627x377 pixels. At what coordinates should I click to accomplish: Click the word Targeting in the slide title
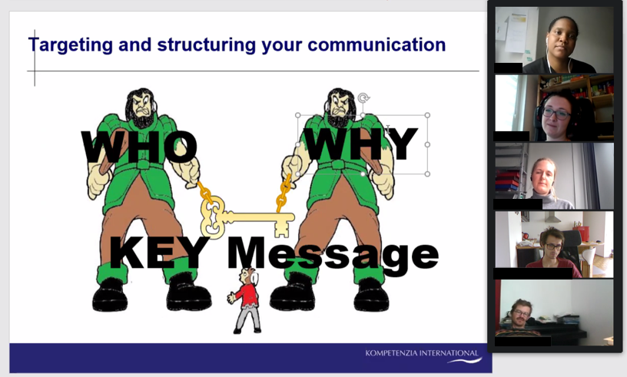[71, 45]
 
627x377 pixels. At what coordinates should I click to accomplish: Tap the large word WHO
[139, 147]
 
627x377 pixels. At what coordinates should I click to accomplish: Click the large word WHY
[362, 144]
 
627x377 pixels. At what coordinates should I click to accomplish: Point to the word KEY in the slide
[160, 253]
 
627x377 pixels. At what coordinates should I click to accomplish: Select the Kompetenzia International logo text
[422, 353]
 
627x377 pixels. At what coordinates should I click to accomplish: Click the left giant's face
[141, 104]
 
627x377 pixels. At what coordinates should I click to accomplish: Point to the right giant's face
[340, 104]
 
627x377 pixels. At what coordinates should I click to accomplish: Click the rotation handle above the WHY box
[363, 98]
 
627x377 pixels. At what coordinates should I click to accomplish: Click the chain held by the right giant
[283, 193]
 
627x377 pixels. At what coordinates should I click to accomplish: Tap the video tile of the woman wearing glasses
[554, 108]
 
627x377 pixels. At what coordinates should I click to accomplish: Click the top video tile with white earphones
[554, 40]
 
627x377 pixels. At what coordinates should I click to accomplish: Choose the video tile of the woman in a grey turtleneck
[554, 177]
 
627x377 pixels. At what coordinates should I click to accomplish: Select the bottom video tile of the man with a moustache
[554, 313]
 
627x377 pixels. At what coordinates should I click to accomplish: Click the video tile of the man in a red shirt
[554, 245]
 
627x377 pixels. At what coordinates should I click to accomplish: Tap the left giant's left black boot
[111, 295]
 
